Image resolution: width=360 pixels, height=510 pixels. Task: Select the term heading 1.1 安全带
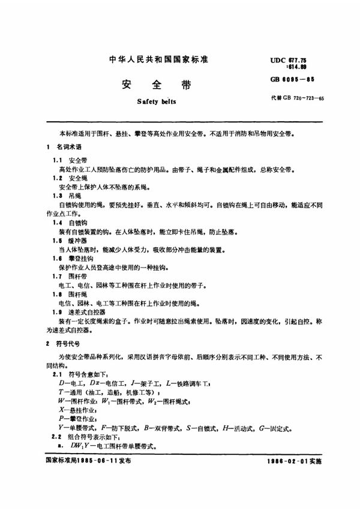(71, 161)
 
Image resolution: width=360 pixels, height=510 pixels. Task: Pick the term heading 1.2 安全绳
(71, 179)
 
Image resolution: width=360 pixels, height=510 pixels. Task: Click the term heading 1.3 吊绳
(67, 196)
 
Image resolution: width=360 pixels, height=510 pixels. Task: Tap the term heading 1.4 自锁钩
(70, 223)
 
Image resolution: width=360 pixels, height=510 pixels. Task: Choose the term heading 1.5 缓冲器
(70, 241)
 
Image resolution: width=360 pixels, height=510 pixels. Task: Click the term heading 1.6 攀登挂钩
(73, 258)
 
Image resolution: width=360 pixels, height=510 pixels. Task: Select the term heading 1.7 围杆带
(70, 275)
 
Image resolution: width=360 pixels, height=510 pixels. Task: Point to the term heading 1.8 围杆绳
(70, 293)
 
